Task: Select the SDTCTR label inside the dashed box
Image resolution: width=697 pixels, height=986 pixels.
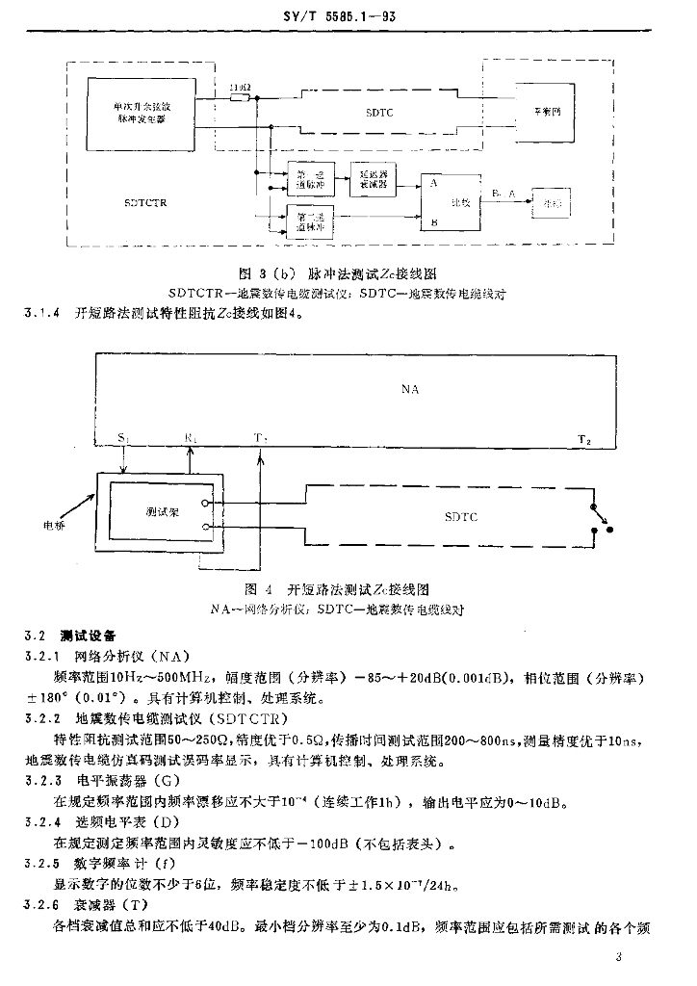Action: [145, 203]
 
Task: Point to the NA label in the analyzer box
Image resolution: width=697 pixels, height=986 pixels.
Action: [411, 390]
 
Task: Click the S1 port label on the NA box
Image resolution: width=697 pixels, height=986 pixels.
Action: [123, 438]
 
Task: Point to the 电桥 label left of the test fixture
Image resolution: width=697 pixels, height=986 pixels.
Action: [55, 526]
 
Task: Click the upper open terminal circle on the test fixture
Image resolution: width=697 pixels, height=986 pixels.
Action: [205, 504]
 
